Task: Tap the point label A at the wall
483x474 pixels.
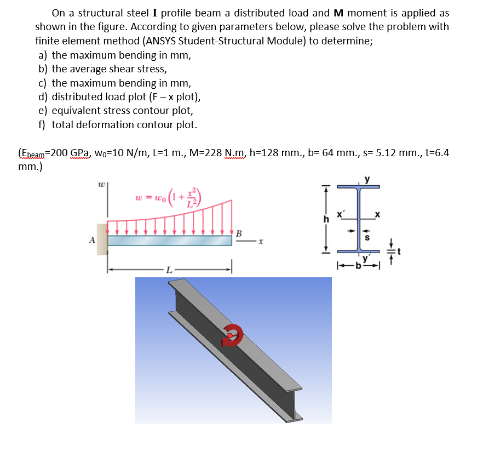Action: [92, 239]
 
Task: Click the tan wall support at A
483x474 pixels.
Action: [102, 239]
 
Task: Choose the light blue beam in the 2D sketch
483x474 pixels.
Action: [170, 241]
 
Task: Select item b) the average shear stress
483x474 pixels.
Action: [102, 69]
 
